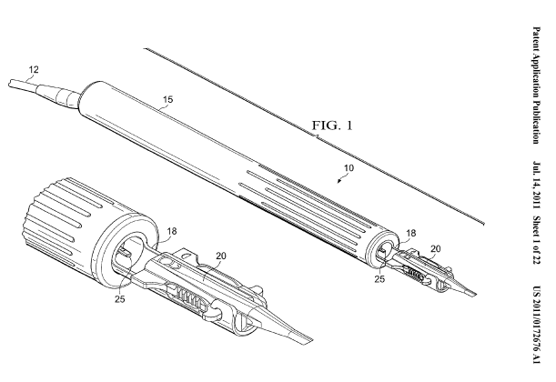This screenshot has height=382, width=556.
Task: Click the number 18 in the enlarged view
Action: (x=171, y=207)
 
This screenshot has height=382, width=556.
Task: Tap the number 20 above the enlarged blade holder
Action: (x=220, y=231)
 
